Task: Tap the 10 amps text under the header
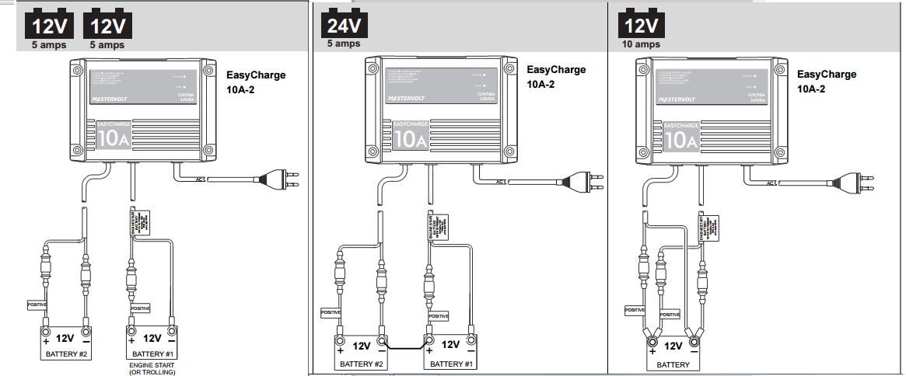(642, 44)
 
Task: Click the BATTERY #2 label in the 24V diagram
(362, 364)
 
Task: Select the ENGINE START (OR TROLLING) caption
(152, 368)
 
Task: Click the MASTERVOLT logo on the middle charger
(408, 99)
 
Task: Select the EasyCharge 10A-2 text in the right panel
(826, 82)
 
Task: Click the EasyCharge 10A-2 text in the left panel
(255, 82)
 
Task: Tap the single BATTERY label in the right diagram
(673, 364)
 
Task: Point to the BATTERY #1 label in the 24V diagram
(450, 364)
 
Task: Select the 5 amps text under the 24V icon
(344, 44)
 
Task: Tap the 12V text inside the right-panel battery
(673, 346)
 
